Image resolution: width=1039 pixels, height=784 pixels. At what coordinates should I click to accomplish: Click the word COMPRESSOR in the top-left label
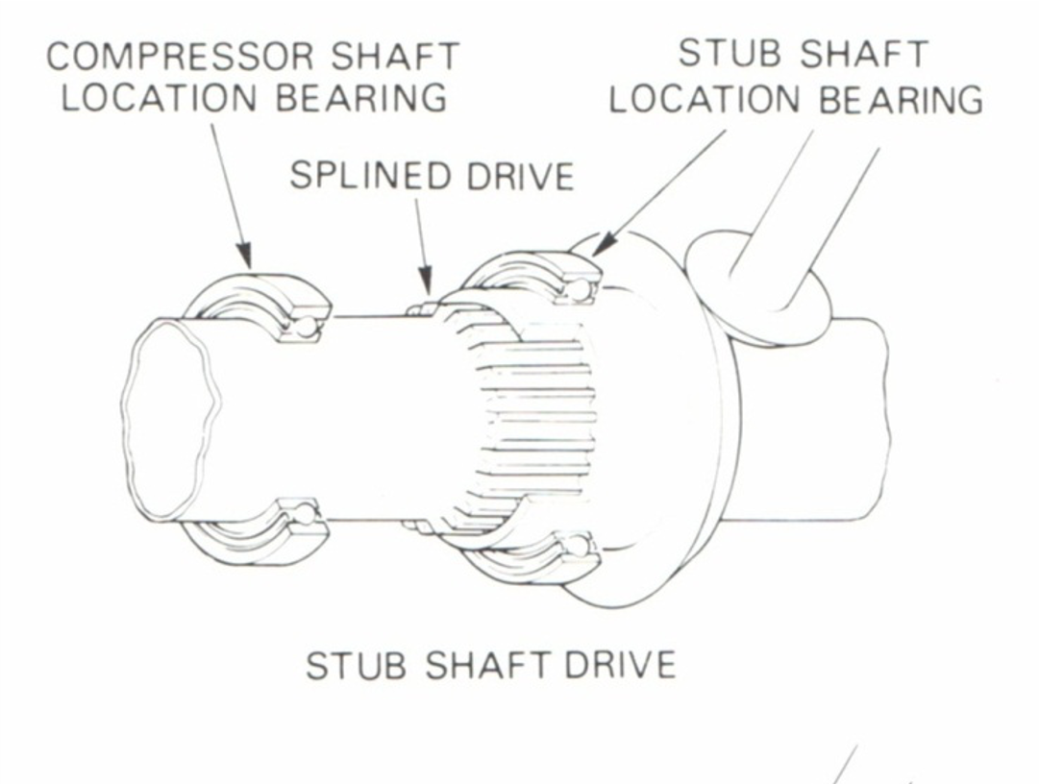click(x=164, y=58)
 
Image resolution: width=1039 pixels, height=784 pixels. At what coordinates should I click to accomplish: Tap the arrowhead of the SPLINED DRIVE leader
click(x=426, y=289)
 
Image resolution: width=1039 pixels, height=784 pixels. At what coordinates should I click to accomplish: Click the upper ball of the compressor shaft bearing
click(x=305, y=328)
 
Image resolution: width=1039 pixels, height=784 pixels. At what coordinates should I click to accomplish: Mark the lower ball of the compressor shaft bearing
click(x=305, y=514)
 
